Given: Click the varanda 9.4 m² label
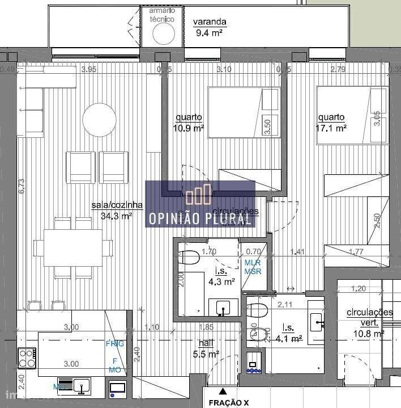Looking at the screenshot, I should tap(210, 27).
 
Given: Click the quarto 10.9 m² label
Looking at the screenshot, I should tap(189, 123).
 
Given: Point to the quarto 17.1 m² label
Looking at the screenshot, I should tap(332, 123).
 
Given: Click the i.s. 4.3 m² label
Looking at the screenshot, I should tap(223, 276).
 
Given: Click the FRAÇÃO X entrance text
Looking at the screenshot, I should tap(228, 402).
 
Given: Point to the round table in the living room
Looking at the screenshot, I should tap(100, 119).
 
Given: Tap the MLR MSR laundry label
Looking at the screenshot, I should tap(253, 267).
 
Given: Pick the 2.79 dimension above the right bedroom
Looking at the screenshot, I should tap(337, 70).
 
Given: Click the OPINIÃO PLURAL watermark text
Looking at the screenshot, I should tap(200, 218).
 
